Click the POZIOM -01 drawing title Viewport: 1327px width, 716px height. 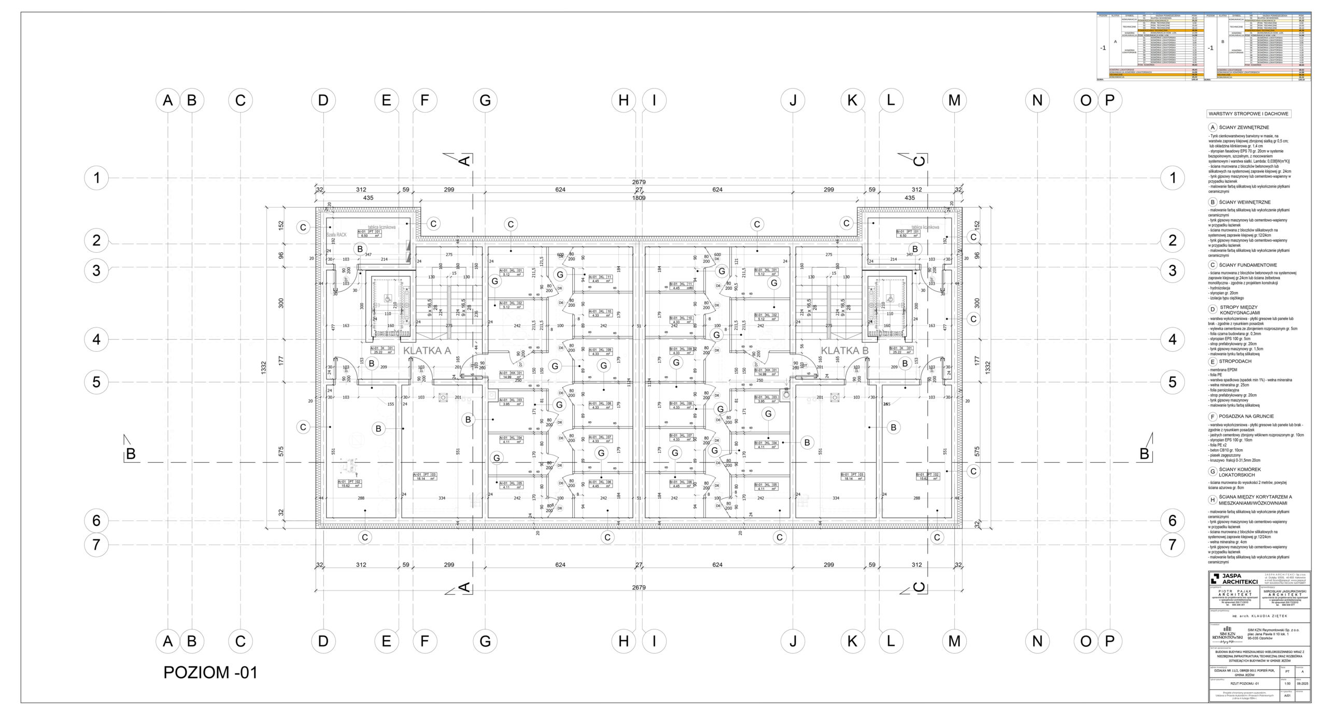210,672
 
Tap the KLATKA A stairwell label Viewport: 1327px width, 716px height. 427,351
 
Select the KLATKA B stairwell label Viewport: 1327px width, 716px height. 844,351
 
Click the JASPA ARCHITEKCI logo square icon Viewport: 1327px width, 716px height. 1215,579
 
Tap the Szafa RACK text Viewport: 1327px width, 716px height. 336,235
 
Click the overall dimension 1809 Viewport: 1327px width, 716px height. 639,198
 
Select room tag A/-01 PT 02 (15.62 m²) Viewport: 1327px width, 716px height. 349,483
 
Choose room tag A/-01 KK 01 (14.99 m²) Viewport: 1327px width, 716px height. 511,375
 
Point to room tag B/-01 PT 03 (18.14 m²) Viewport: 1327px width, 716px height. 852,476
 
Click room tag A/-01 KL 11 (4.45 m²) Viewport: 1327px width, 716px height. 600,279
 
